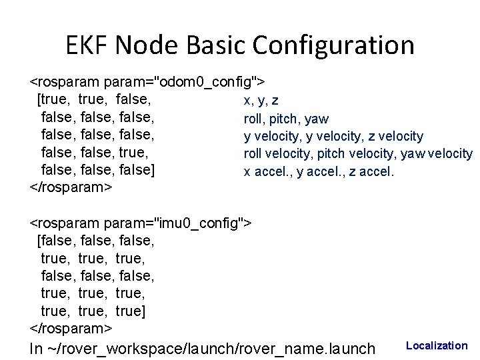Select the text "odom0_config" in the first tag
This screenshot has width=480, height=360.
coord(205,82)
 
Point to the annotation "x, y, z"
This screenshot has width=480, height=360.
coord(261,101)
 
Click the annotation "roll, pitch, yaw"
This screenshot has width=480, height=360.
coord(286,119)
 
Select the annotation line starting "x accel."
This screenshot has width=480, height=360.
coord(319,171)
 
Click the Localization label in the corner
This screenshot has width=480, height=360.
coord(437,345)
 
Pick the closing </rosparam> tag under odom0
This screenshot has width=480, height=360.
coord(71,187)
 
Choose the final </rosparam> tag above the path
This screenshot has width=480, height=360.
coord(71,329)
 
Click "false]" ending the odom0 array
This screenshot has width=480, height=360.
coord(137,169)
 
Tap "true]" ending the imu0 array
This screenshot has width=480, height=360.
coord(131,311)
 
